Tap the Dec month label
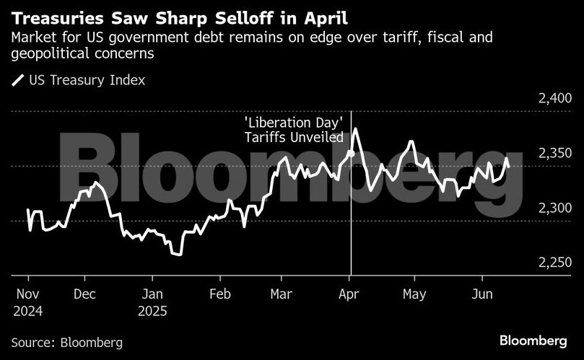(85, 294)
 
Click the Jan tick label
(152, 294)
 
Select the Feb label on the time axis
(219, 294)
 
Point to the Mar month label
(281, 294)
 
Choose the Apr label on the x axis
(349, 294)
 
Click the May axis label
(414, 294)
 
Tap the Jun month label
(482, 294)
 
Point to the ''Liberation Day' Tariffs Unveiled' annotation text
(292, 130)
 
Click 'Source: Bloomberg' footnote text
(67, 342)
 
